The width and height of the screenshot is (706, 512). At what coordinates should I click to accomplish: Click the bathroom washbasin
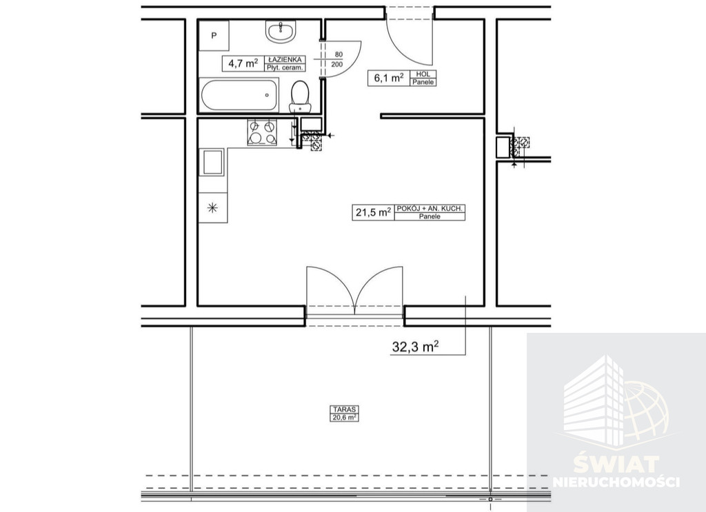click(281, 32)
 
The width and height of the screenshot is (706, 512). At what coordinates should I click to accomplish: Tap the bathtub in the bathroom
click(239, 94)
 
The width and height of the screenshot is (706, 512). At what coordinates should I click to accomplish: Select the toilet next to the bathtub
click(299, 96)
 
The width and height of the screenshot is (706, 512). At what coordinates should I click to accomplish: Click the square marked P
click(214, 36)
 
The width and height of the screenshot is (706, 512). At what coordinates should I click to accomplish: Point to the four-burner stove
click(262, 132)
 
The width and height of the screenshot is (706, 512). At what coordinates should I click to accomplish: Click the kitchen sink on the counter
click(212, 163)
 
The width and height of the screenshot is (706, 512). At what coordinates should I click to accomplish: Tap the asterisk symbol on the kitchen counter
click(212, 207)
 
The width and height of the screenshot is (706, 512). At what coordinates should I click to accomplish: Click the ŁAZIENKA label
click(285, 59)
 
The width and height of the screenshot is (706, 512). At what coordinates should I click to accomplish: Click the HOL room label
click(423, 74)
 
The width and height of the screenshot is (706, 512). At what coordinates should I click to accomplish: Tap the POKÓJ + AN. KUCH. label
click(430, 208)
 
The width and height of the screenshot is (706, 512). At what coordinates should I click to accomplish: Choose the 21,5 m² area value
click(373, 212)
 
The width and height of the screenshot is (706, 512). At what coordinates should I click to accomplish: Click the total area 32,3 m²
click(415, 347)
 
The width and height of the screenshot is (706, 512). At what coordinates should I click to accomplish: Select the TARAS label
click(345, 409)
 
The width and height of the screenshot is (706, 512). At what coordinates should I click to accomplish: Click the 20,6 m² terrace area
click(345, 417)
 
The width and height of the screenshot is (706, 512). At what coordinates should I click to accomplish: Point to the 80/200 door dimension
click(336, 59)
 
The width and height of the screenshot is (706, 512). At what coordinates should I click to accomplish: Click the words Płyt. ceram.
click(285, 68)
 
